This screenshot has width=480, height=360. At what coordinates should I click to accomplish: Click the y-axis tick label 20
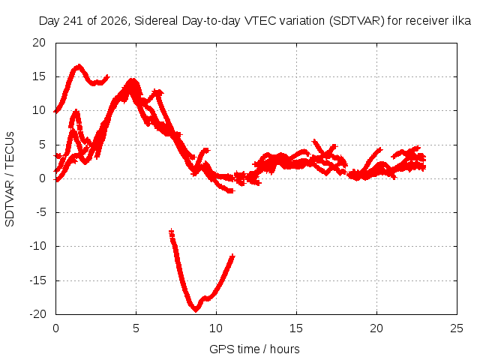39,43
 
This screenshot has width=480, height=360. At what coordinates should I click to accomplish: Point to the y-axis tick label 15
39,76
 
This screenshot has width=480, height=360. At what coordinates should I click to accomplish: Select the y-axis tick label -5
40,211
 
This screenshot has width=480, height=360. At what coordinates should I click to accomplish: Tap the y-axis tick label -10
37,246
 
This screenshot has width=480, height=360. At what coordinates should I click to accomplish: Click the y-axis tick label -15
37,280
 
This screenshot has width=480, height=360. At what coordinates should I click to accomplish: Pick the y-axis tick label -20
37,314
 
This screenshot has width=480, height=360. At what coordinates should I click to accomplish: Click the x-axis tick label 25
457,328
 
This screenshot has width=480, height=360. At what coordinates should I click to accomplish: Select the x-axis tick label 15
296,328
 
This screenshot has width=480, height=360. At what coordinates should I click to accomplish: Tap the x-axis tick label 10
216,328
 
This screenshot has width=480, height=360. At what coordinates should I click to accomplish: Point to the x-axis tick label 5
136,328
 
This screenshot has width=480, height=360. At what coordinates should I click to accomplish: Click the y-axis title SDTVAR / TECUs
10,179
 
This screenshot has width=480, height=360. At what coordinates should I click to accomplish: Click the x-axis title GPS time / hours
254,349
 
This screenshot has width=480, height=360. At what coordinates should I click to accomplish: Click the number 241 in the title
73,21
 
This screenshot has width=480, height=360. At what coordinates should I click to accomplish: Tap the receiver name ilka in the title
462,21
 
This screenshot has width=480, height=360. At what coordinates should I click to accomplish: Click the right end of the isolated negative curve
233,256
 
